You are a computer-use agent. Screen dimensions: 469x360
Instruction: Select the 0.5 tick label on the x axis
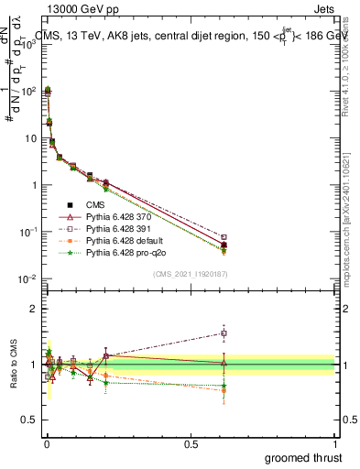coord(191,442)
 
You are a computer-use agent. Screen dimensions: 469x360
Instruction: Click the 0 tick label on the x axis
coord(46,442)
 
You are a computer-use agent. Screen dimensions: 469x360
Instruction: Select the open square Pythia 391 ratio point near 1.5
coord(224,333)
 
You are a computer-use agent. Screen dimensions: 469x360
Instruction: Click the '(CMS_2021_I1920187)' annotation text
coord(190,274)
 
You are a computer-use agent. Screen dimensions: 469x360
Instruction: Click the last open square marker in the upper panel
coord(224,238)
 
